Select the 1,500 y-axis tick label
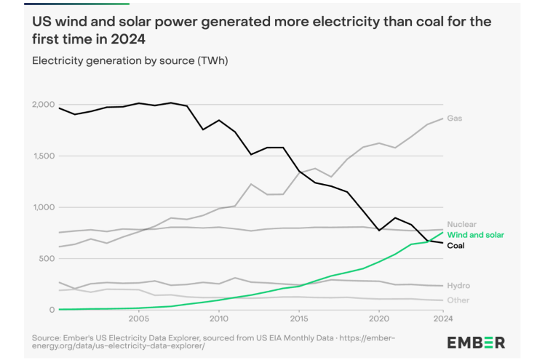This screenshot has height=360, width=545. [43, 156]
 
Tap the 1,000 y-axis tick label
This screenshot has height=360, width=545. [43, 207]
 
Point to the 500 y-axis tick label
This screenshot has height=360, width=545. [47, 259]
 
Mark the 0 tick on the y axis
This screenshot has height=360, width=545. [51, 310]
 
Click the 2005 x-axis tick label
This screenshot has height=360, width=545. [138, 319]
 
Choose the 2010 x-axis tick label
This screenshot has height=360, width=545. [218, 319]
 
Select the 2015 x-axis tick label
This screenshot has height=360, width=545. [298, 319]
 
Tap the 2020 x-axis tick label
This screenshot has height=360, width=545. [378, 319]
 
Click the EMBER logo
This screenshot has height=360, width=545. [476, 343]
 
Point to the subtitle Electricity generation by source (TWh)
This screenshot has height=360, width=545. [130, 60]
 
